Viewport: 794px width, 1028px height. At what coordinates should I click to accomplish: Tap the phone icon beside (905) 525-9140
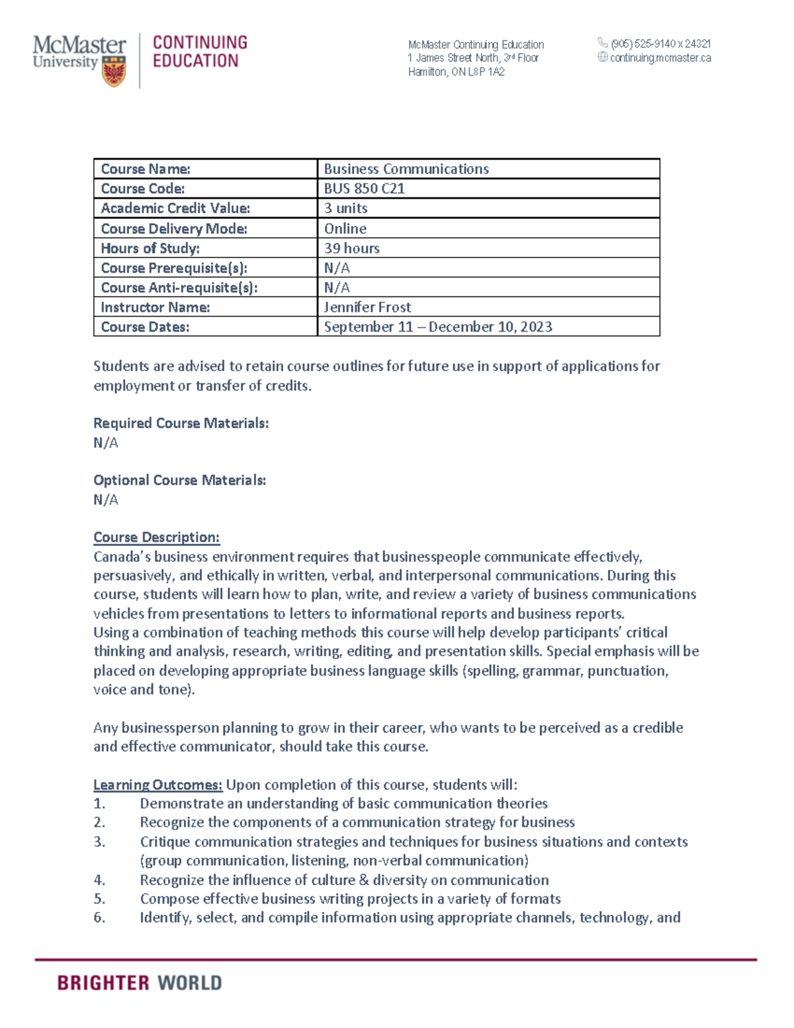[602, 43]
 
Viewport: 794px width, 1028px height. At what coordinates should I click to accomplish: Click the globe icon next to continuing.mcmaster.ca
[602, 58]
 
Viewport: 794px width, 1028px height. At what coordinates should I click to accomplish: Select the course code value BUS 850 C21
[364, 189]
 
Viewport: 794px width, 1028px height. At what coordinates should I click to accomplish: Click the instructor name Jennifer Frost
[367, 307]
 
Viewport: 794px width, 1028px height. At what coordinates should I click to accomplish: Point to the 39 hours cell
[351, 248]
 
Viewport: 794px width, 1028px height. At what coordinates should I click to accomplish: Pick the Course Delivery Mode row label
[174, 228]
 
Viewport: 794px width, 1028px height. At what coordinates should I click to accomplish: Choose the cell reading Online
[345, 228]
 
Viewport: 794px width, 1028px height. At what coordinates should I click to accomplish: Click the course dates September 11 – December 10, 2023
[437, 327]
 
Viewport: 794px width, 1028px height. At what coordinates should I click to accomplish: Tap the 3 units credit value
[345, 209]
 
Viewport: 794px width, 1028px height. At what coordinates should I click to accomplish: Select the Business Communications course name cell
[406, 169]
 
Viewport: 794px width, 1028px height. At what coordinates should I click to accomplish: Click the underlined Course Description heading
[156, 537]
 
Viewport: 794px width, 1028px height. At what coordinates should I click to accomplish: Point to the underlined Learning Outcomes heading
[157, 785]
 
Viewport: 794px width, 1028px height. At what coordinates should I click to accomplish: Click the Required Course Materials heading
[181, 423]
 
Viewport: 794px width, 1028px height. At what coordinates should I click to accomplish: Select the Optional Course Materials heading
[179, 480]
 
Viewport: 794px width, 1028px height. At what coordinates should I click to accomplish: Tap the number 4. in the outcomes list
[99, 880]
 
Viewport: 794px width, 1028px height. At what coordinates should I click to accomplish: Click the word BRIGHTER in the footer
[103, 983]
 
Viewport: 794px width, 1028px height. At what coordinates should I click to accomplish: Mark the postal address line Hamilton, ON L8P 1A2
[456, 72]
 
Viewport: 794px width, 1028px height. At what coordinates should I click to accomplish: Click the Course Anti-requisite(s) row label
[179, 288]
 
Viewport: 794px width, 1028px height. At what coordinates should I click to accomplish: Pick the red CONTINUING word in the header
[200, 42]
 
